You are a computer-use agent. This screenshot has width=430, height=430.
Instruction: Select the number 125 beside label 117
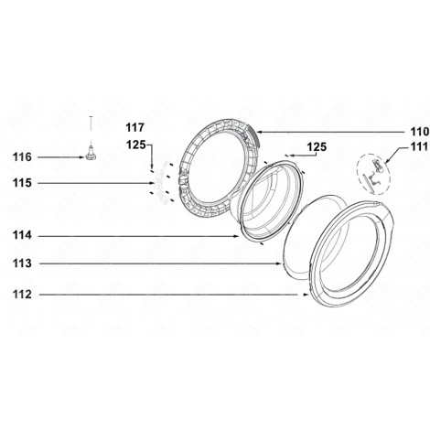pyautogui.click(x=135, y=144)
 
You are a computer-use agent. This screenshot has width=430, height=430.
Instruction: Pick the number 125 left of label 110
pyautogui.click(x=316, y=146)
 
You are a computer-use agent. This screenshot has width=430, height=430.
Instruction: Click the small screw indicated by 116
pyautogui.click(x=91, y=156)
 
